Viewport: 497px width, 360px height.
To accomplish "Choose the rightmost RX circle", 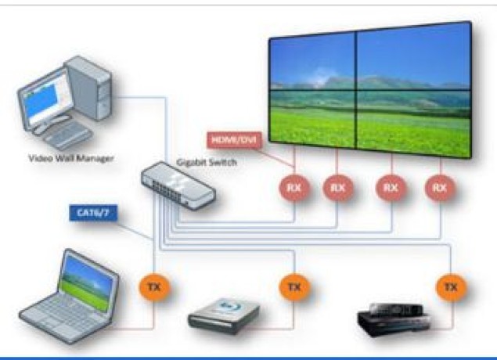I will pyautogui.click(x=439, y=188).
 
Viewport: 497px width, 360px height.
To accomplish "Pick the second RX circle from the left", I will pyautogui.click(x=337, y=188).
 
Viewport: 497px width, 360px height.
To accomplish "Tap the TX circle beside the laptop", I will pyautogui.click(x=153, y=286).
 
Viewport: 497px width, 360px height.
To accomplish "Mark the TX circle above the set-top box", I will pyautogui.click(x=450, y=286).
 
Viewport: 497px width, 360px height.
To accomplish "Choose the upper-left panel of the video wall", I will pyautogui.click(x=312, y=63).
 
